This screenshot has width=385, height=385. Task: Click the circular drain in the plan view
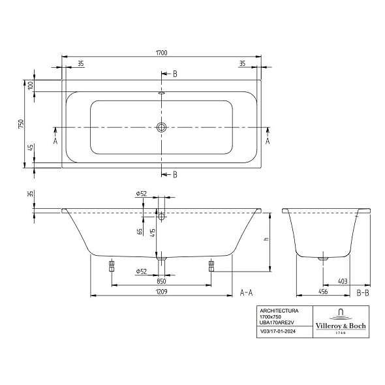point(161,127)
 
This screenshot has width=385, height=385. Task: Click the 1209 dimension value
point(161,292)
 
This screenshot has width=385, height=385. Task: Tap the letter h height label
point(266,239)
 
